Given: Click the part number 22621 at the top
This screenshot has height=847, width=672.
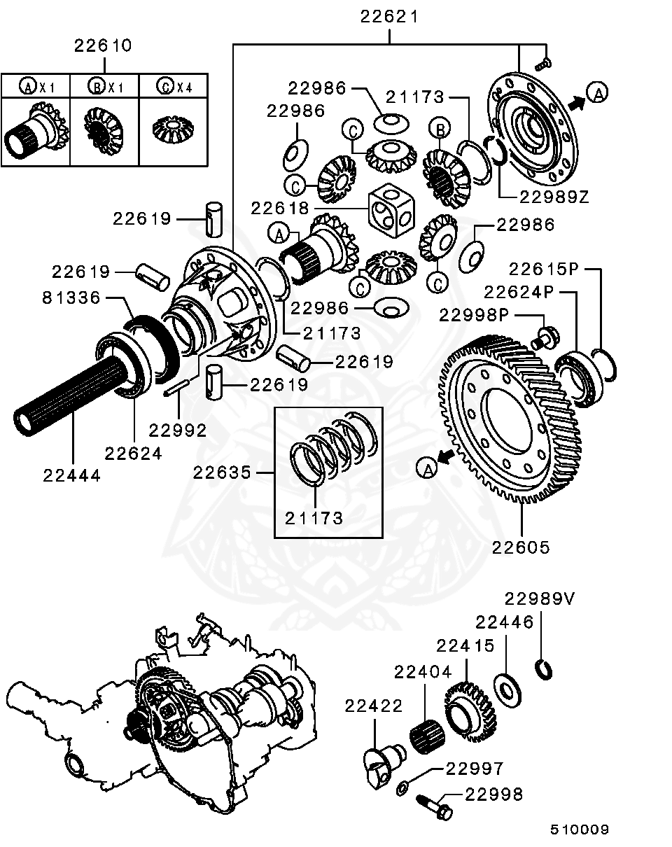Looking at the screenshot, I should click(389, 16).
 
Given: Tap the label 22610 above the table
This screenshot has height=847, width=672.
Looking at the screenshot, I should click(104, 45).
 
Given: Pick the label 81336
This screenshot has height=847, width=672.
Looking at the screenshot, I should click(72, 299).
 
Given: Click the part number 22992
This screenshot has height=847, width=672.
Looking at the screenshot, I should click(178, 430).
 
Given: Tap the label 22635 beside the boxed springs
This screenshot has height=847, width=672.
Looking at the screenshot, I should click(222, 472).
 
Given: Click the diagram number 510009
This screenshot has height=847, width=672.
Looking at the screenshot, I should click(579, 829).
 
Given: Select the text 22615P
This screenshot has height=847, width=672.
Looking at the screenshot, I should click(545, 269).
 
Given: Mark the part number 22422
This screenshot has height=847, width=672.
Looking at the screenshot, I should click(374, 706).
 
